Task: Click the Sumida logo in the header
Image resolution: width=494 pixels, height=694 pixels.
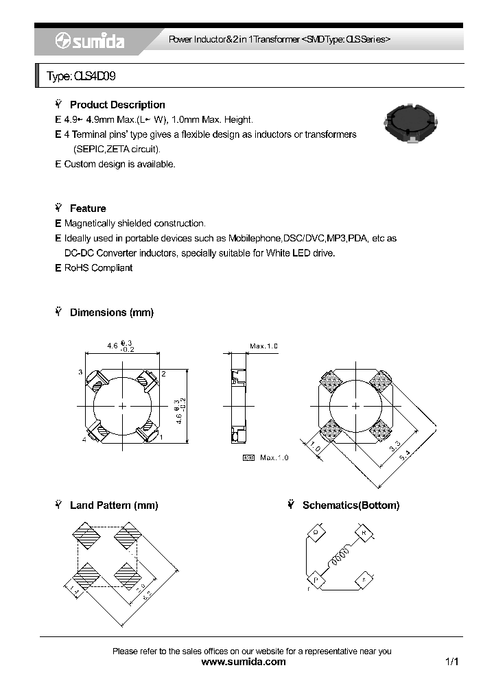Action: pos(90,42)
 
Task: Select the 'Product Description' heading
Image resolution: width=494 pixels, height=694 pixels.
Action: pos(117,105)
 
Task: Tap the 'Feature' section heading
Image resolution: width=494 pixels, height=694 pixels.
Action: pos(88,208)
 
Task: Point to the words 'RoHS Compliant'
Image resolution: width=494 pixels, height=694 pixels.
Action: pos(98,268)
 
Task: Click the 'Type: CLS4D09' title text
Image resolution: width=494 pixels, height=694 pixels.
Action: pos(76,77)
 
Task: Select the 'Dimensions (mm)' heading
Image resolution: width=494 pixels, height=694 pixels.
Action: pos(111,312)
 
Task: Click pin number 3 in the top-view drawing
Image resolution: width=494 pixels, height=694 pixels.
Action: pos(80,372)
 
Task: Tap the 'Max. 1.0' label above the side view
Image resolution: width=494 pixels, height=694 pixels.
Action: pos(263,346)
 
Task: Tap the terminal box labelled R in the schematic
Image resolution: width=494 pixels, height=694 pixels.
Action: pos(363,533)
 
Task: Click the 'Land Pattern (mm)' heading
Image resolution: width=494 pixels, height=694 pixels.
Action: pos(114,505)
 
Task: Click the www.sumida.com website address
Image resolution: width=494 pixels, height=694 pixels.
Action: pos(244,662)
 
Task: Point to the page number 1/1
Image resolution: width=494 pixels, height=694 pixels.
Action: pos(451,662)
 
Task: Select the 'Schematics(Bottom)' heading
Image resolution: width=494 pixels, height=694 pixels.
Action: pos(351,505)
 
